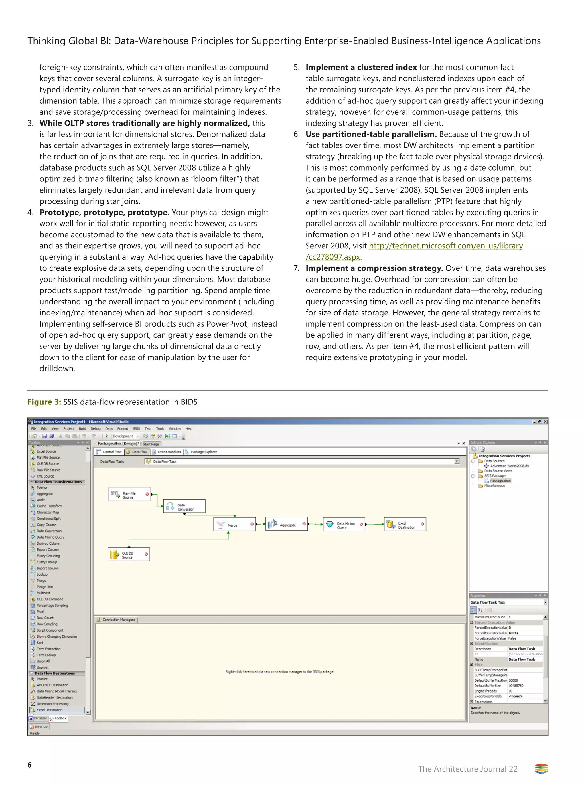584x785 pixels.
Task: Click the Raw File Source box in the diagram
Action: (x=129, y=495)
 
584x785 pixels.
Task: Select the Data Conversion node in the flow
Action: (x=184, y=507)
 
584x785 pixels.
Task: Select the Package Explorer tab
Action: (x=203, y=452)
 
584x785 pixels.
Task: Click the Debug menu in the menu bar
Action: (x=96, y=428)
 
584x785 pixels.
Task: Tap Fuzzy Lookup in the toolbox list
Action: (x=47, y=562)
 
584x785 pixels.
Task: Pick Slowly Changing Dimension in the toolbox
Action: (x=56, y=636)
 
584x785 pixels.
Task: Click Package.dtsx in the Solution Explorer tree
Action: (x=500, y=481)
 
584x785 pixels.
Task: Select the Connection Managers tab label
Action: (x=118, y=620)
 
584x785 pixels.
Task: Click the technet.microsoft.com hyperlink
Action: (x=445, y=246)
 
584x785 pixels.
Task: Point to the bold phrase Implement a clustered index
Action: (x=361, y=68)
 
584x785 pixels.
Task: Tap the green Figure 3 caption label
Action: (x=44, y=402)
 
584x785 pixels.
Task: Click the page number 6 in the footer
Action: (x=29, y=765)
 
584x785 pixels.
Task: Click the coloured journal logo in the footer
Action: (x=541, y=769)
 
